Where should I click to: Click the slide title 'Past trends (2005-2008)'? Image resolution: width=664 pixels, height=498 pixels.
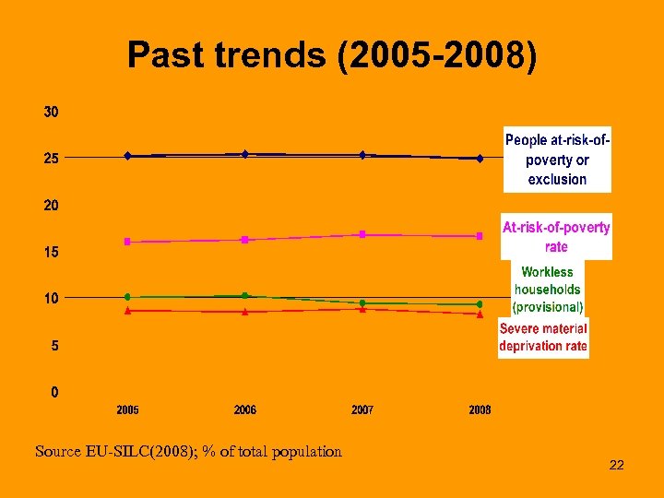click(331, 55)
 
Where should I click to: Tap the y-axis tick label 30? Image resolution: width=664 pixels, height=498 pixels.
click(51, 112)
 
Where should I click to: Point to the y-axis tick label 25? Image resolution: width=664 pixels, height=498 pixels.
click(51, 159)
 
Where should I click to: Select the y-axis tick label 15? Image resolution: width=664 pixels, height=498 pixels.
click(51, 252)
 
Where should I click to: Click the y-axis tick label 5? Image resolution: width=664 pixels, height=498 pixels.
click(54, 347)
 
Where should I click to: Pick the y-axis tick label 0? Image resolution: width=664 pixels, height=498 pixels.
click(54, 393)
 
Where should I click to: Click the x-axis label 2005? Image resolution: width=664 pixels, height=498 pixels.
click(127, 410)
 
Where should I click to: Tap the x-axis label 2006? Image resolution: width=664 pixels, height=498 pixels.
click(244, 410)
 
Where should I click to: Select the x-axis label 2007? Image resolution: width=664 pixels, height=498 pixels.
click(362, 410)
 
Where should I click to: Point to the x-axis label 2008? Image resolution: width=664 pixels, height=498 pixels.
click(480, 410)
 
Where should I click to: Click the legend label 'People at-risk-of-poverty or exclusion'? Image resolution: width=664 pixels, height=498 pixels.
click(557, 159)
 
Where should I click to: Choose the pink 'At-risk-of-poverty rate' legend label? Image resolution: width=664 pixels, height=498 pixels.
click(556, 237)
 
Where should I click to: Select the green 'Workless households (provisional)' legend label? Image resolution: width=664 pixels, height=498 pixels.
click(548, 289)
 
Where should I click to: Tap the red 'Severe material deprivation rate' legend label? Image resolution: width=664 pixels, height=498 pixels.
click(543, 338)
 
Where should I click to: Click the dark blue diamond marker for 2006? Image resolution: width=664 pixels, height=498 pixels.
click(244, 154)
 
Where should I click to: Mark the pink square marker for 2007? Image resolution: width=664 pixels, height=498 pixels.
click(362, 234)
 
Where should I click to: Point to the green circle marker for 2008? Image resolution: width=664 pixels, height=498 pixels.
click(480, 304)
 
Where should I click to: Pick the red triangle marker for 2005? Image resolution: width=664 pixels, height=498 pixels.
click(127, 311)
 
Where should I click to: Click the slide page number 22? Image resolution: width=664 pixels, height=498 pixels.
click(617, 466)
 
